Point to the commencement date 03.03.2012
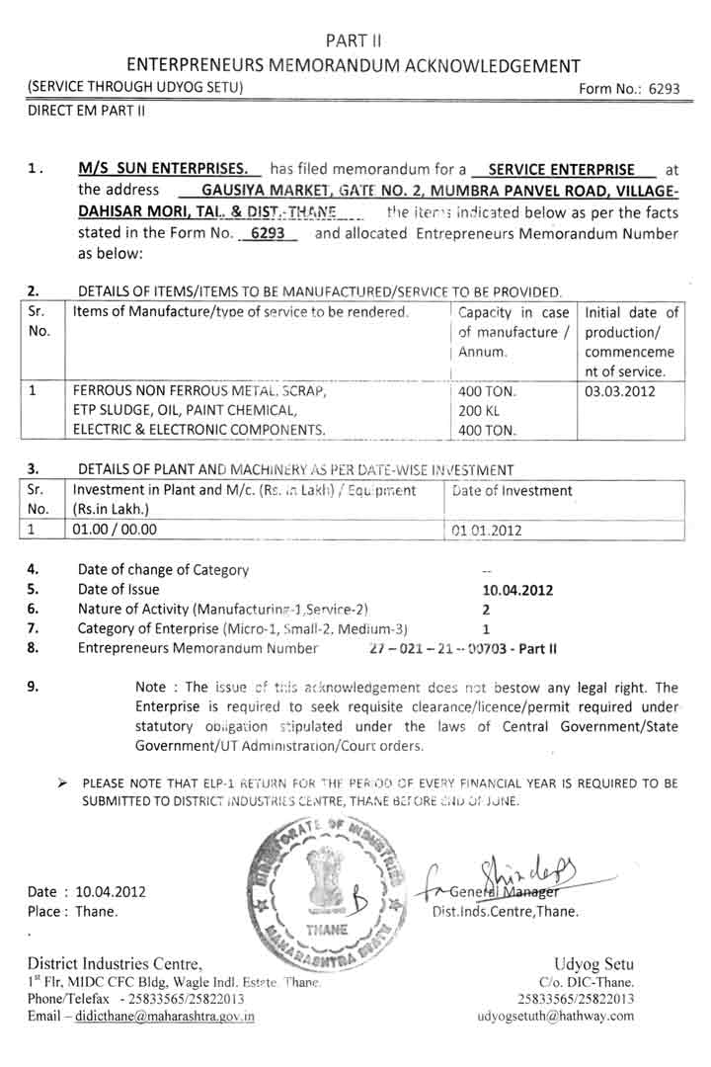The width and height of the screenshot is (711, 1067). [x=618, y=390]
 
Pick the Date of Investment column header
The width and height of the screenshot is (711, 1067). [x=512, y=490]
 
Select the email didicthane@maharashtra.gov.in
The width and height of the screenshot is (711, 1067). [x=159, y=1016]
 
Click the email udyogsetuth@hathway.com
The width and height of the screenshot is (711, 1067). [x=555, y=1016]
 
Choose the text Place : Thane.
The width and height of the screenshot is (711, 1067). [x=73, y=911]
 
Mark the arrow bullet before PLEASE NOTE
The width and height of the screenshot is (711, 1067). [x=62, y=783]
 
